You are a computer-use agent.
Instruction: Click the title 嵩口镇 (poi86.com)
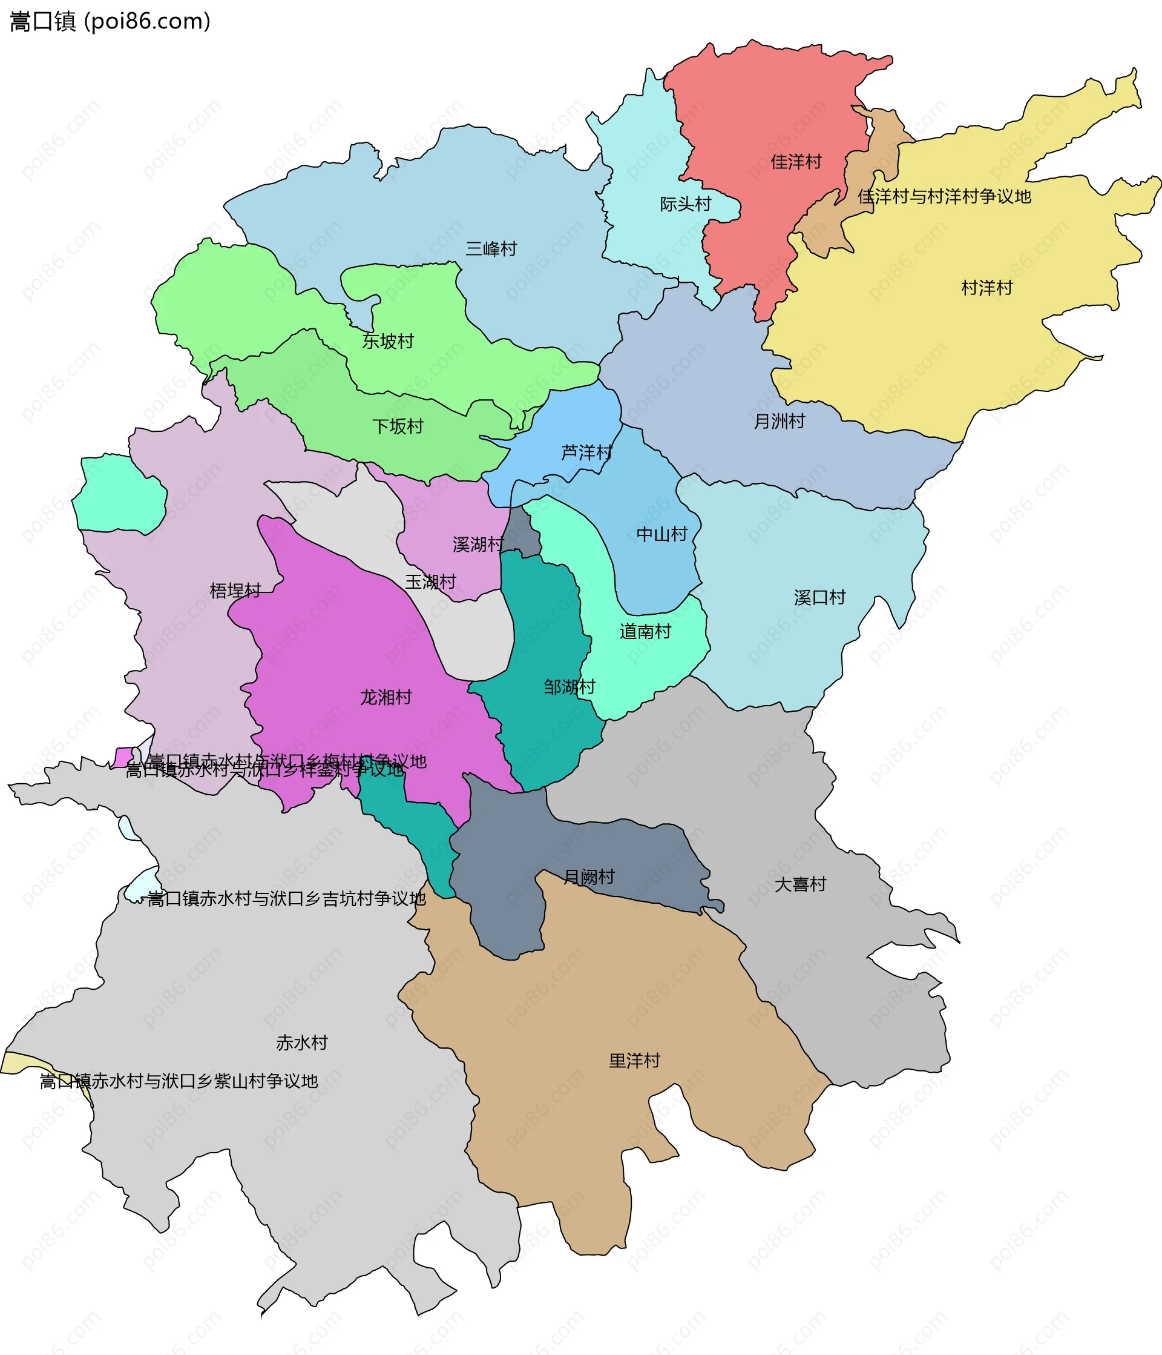(x=110, y=22)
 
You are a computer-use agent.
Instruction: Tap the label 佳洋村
(x=795, y=162)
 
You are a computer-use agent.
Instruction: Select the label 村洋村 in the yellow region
(x=986, y=288)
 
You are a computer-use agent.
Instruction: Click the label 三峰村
(x=491, y=248)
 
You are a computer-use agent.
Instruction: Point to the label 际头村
(x=685, y=204)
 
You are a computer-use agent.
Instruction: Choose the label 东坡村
(x=387, y=340)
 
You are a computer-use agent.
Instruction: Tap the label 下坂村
(x=398, y=426)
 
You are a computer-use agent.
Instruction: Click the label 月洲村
(x=779, y=421)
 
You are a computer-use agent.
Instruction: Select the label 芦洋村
(x=586, y=452)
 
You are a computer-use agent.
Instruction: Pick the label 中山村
(x=661, y=534)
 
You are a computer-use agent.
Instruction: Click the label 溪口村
(x=819, y=597)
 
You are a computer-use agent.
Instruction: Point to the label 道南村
(x=645, y=631)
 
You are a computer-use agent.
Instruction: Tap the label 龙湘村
(x=386, y=697)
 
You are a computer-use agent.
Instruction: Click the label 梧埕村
(x=235, y=591)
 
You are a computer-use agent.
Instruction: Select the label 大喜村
(x=800, y=884)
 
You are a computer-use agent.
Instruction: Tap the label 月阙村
(x=589, y=876)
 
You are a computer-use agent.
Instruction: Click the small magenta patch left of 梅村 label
(x=122, y=757)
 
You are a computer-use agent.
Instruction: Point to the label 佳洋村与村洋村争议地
(x=944, y=196)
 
